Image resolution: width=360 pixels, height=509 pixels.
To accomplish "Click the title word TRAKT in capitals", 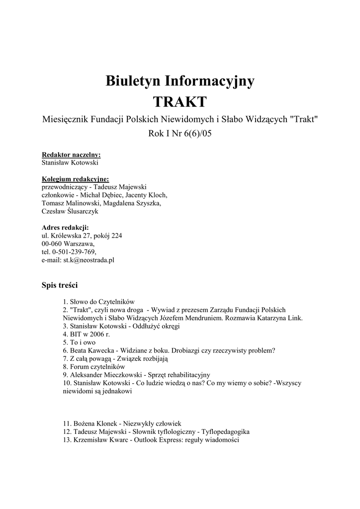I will click(x=180, y=102).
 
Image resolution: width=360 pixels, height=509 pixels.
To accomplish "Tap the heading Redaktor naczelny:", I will click(x=71, y=155).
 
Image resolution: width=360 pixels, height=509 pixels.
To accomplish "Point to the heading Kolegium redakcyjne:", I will click(x=75, y=179).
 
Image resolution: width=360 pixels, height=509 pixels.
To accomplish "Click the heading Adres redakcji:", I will click(x=65, y=227).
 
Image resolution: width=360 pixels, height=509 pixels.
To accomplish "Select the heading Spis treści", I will click(x=60, y=285).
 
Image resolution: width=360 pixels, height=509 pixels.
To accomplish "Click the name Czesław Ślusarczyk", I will click(x=70, y=211).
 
